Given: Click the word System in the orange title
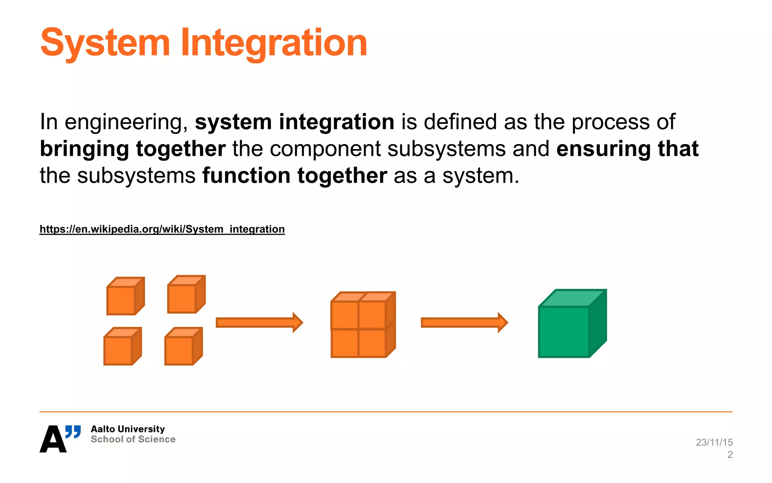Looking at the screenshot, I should point(105,43).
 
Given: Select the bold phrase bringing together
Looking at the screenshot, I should point(133,149).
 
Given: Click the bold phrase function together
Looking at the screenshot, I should point(294,176).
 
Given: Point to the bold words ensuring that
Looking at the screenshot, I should point(627,149).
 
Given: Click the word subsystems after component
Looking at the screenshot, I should point(446,149).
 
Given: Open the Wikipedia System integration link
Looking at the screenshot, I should point(162,229).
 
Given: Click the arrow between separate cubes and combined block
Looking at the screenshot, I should point(259,323).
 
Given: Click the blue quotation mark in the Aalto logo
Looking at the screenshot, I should point(73,431).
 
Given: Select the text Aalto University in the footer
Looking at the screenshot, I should point(128,429).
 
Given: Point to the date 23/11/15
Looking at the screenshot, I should point(714,442).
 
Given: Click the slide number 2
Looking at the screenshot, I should point(730,455).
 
